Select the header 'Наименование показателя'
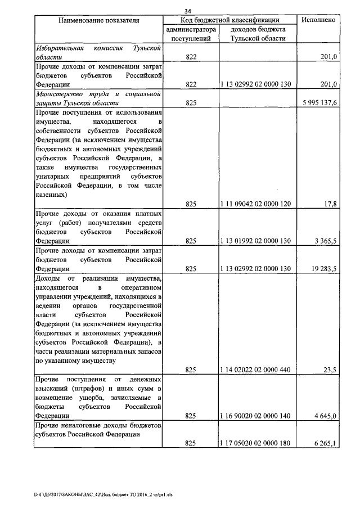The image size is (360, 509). pyautogui.click(x=98, y=20)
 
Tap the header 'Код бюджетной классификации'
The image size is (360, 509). pyautogui.click(x=230, y=20)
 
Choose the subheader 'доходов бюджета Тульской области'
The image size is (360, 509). pyautogui.click(x=257, y=34)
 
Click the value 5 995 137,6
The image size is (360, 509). pyautogui.click(x=318, y=103)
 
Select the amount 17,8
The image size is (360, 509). pyautogui.click(x=330, y=204)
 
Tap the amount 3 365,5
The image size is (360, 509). pyautogui.click(x=325, y=241)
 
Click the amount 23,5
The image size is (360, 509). pyautogui.click(x=330, y=370)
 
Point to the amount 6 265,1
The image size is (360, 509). pyautogui.click(x=325, y=443)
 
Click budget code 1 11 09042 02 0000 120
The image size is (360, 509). pyautogui.click(x=256, y=204)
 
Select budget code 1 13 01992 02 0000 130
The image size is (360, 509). pyautogui.click(x=256, y=241)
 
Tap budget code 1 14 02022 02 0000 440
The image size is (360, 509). pyautogui.click(x=256, y=370)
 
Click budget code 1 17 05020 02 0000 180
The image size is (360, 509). pyautogui.click(x=256, y=443)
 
